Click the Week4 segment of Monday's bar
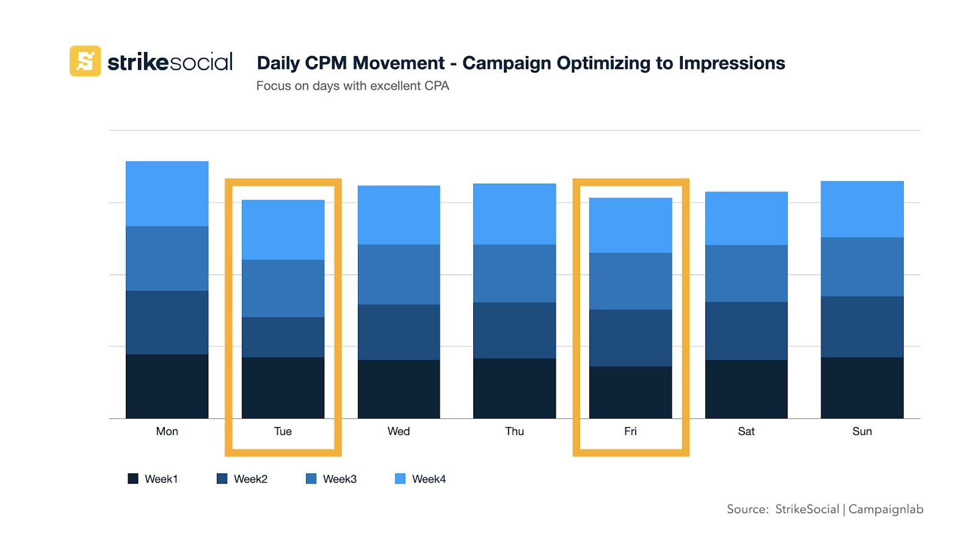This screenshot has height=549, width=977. click(167, 193)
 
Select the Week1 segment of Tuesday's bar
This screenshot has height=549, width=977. click(283, 387)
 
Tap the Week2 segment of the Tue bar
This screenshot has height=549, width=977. click(283, 337)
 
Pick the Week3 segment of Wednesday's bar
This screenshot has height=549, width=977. click(398, 274)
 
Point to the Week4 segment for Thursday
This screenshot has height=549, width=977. click(514, 213)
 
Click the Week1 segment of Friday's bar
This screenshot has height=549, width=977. click(630, 392)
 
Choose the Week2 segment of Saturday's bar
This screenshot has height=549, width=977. click(746, 331)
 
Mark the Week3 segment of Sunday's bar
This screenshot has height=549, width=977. click(862, 267)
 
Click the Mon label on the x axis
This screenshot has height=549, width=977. click(167, 431)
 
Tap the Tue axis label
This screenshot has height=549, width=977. click(283, 431)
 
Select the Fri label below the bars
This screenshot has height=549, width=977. click(630, 431)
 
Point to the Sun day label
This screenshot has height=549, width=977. click(862, 431)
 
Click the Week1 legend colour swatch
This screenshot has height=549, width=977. click(133, 479)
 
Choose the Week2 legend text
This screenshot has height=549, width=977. click(250, 479)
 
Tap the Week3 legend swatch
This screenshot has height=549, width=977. click(311, 479)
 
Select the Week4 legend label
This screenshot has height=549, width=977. click(429, 479)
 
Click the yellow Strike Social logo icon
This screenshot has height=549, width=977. click(85, 61)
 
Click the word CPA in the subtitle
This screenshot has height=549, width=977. click(437, 86)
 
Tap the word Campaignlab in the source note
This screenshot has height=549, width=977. click(885, 509)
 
